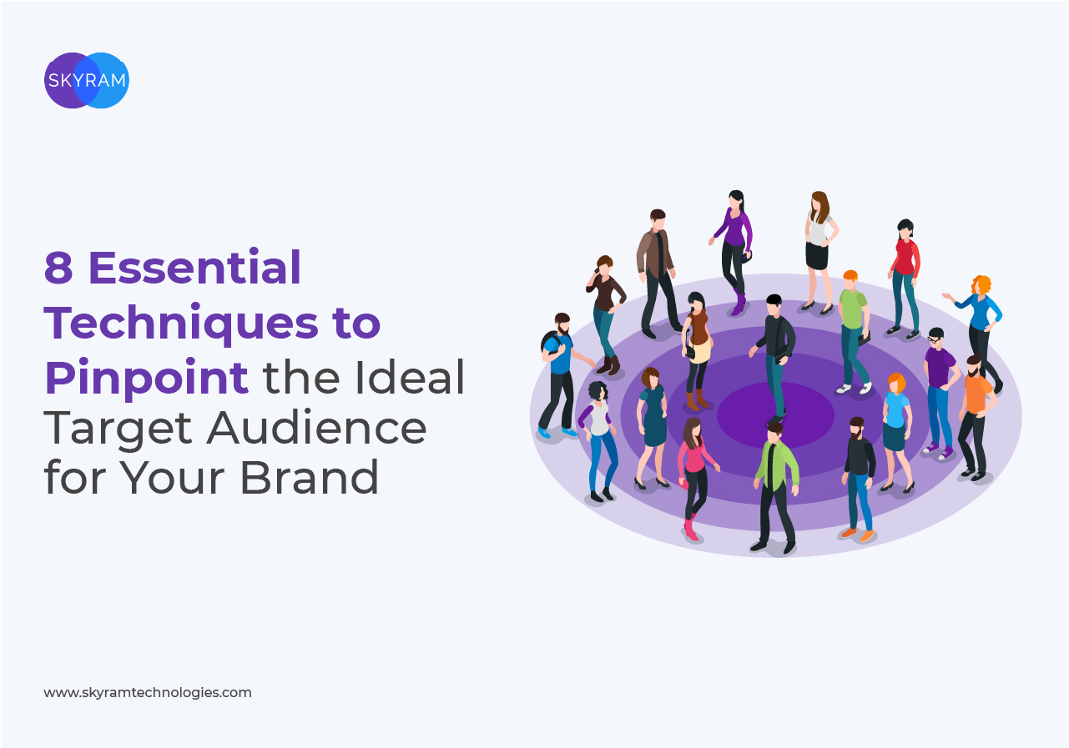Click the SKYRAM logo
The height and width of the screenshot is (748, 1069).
tap(87, 80)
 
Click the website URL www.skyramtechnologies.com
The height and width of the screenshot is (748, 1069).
tap(148, 693)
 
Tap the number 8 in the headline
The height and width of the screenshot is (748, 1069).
tap(58, 268)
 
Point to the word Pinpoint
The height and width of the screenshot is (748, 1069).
tap(146, 378)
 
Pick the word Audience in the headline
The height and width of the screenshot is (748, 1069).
tap(316, 428)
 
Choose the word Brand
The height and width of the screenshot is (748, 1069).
tap(310, 477)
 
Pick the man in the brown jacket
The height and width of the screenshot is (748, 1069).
tap(658, 273)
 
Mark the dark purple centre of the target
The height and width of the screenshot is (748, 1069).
tap(776, 415)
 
